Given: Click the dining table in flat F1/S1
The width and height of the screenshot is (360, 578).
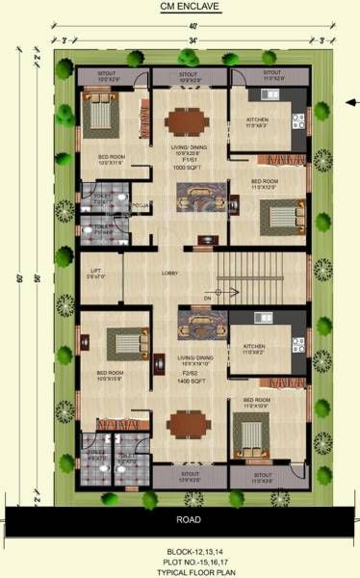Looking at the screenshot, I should click(186, 121).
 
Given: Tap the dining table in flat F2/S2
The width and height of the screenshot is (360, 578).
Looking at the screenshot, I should click(186, 424).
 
